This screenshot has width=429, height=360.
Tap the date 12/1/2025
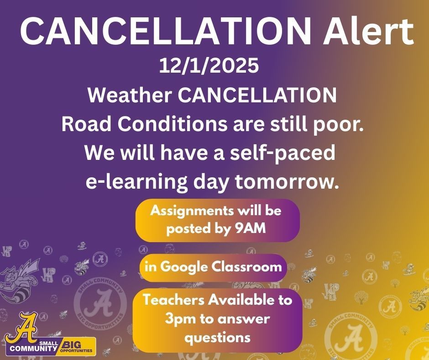pos(209,67)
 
